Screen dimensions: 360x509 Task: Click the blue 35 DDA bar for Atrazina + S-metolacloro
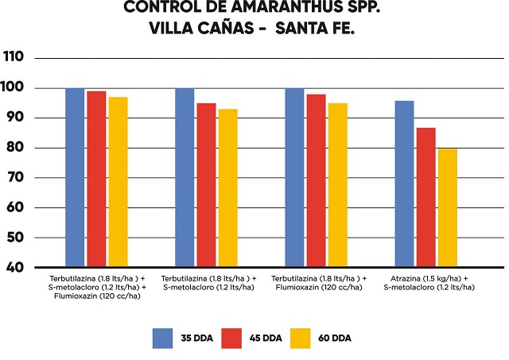point(404,184)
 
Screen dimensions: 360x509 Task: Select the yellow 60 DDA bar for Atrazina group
point(447,207)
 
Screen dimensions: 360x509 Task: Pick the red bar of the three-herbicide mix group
point(96,179)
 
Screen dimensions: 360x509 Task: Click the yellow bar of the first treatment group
point(118,182)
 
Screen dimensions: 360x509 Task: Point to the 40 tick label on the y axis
point(14,268)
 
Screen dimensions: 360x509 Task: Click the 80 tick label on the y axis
point(14,148)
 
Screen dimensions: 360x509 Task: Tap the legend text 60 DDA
point(333,339)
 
